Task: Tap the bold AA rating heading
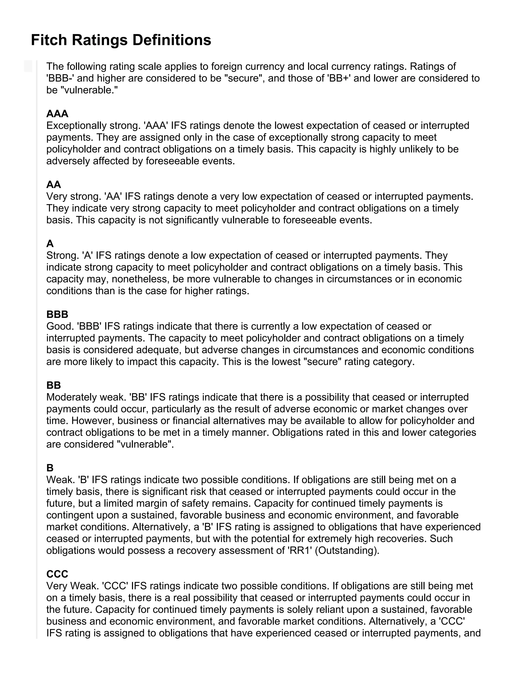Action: pos(54,184)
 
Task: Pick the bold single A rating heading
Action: pos(50,244)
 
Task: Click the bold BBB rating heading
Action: pos(57,314)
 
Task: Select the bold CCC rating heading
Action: pos(57,574)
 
